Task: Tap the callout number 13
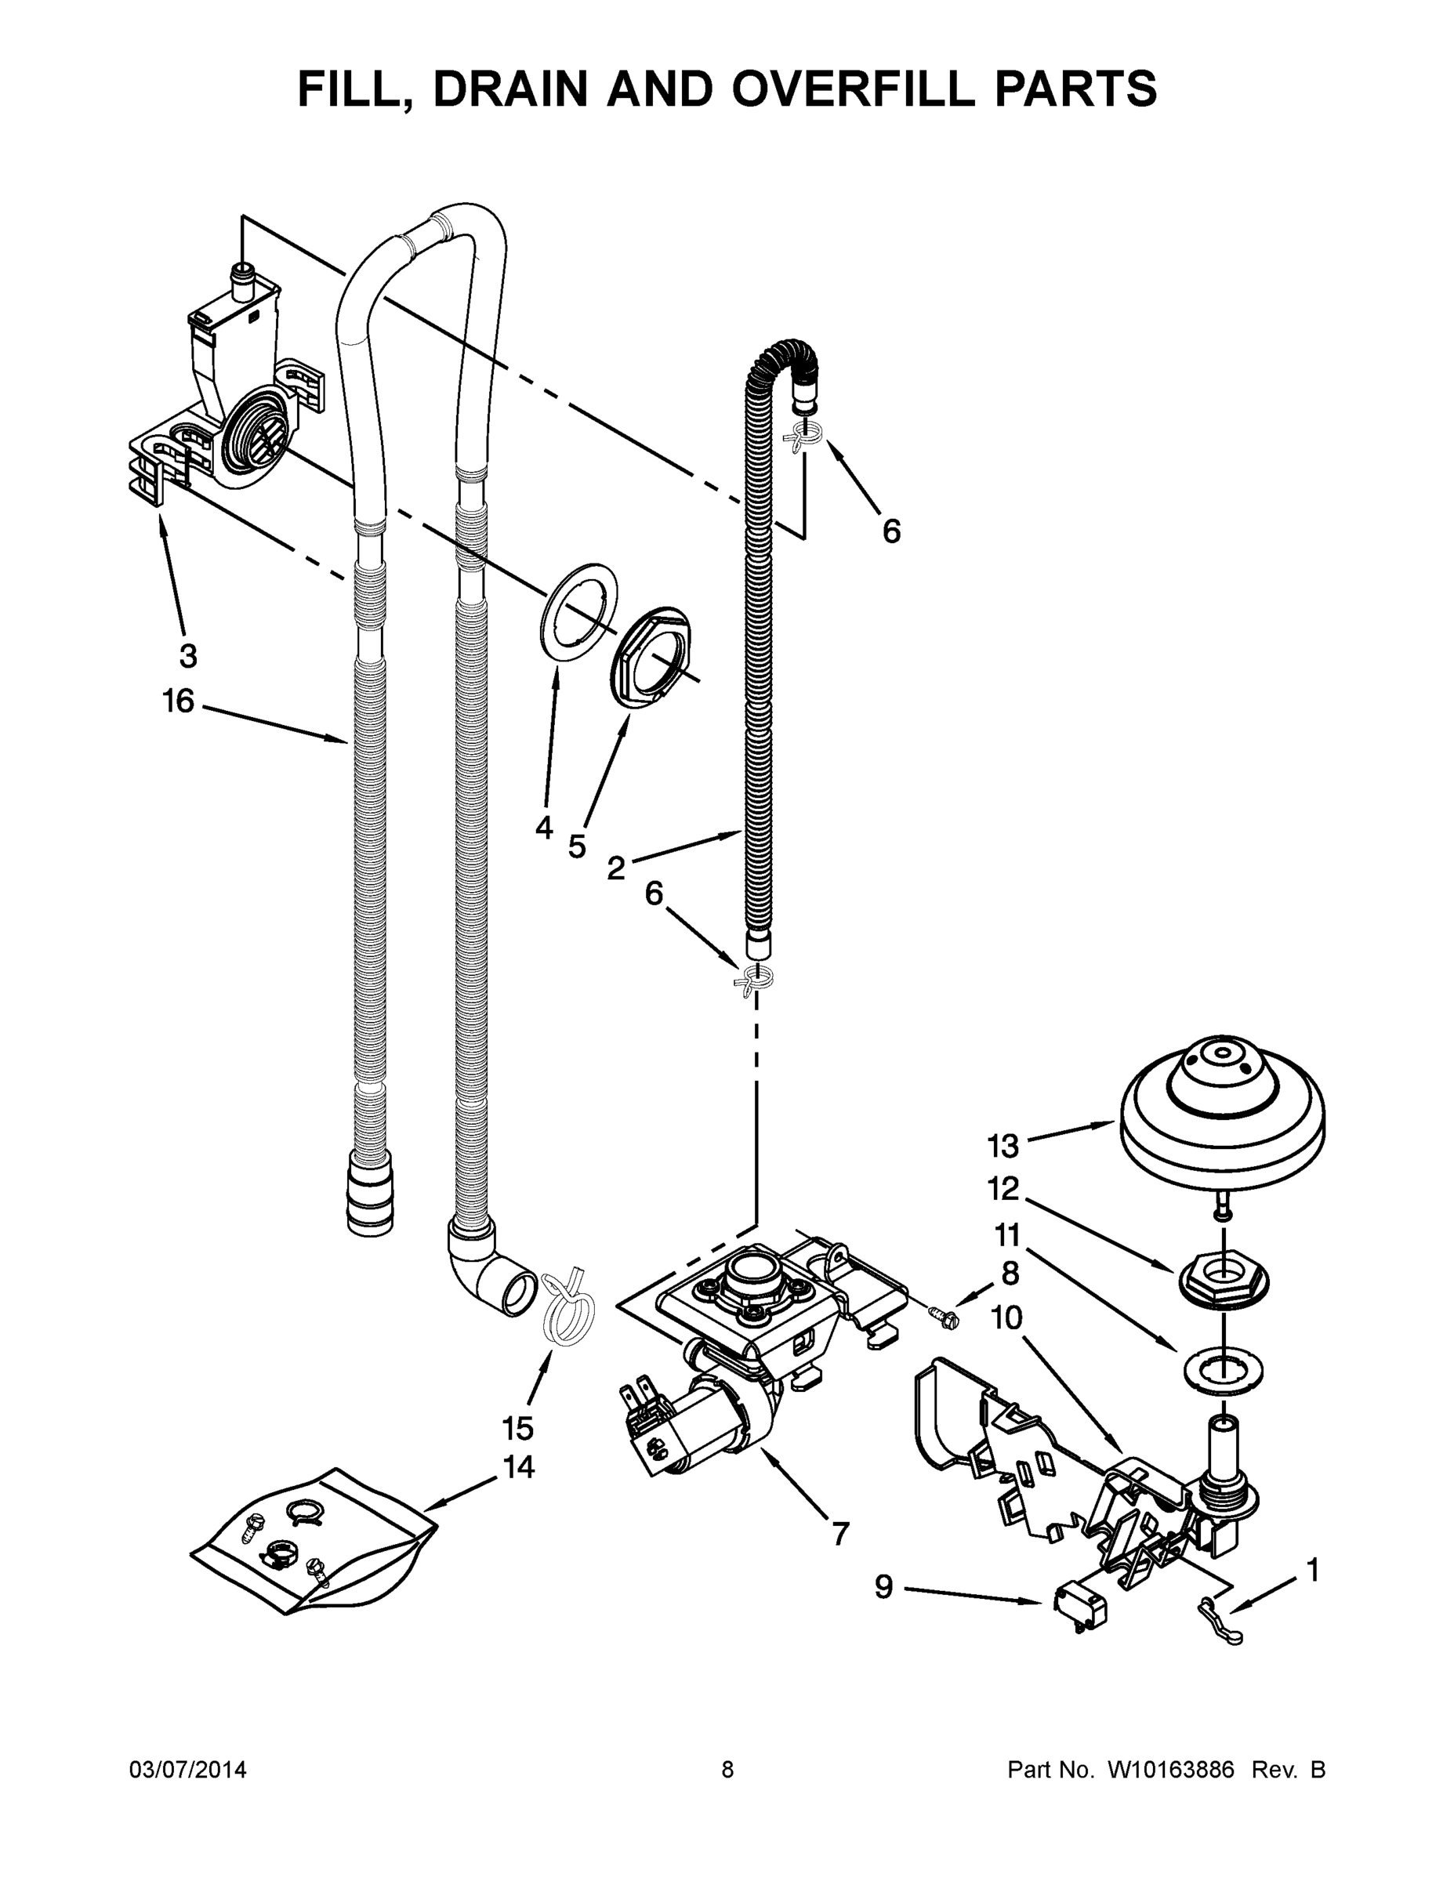(x=1003, y=1147)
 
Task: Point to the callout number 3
(x=188, y=655)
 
